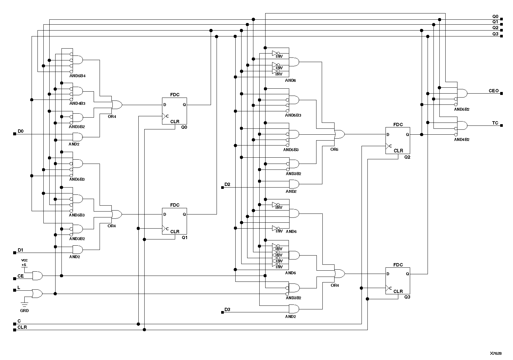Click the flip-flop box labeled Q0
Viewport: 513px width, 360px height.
[174, 111]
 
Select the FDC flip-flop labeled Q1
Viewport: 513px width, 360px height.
[174, 221]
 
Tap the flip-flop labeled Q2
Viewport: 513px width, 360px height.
[398, 141]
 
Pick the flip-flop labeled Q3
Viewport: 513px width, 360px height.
[398, 281]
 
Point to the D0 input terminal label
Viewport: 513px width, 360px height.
[20, 131]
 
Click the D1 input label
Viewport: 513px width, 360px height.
[20, 250]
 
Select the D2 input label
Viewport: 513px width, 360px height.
[227, 185]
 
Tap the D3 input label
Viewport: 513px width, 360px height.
[227, 310]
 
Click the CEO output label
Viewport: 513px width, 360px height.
[494, 91]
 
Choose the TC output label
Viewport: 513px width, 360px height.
[495, 123]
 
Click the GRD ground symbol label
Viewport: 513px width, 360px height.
[24, 310]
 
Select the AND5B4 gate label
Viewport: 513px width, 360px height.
[78, 76]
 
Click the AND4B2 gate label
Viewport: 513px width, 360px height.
[462, 139]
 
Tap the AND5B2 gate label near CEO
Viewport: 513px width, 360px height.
[462, 109]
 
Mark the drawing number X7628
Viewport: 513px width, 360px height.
[496, 353]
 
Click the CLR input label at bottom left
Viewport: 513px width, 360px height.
[22, 327]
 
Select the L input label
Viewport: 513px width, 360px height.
[19, 287]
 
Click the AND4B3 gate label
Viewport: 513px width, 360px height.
[77, 103]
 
